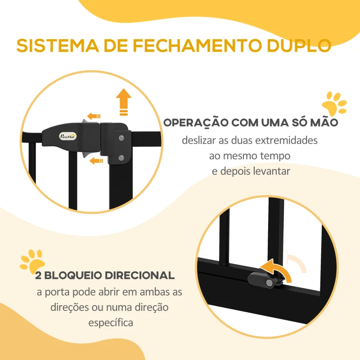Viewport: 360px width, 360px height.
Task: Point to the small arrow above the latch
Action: tap(94, 116)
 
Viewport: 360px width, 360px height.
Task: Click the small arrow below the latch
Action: tap(95, 161)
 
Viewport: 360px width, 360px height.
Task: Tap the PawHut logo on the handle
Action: tap(68, 135)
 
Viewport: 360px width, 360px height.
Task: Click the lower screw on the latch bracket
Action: tap(121, 157)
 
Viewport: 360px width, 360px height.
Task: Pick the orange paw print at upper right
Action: tap(334, 105)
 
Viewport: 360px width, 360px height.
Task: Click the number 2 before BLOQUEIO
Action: tap(39, 275)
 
